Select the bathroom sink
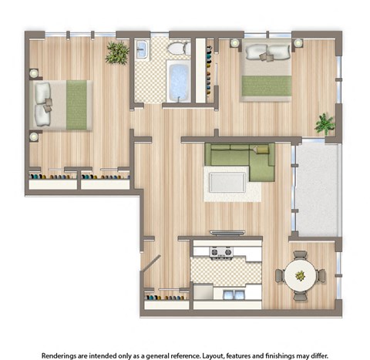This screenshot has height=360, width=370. click(143, 51)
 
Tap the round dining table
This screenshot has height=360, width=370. click(300, 275)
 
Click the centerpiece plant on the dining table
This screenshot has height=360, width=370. click(300, 274)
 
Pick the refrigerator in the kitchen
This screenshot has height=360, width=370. click(202, 293)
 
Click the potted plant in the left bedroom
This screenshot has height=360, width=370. click(117, 52)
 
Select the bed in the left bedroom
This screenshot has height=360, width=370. click(62, 104)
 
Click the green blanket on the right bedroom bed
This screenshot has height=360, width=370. click(267, 86)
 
